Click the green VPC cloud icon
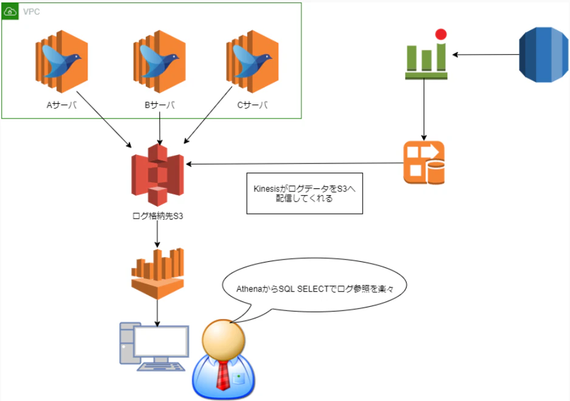10,12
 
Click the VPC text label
31,12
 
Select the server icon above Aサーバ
61,61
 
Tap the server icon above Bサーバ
160,61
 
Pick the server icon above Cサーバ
252,61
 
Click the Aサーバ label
61,105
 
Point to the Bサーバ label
160,105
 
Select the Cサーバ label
252,105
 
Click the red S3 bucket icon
157,175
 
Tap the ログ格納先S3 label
157,216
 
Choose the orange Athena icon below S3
157,274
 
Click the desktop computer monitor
161,341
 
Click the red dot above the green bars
441,34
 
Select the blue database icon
543,55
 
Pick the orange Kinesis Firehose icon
424,162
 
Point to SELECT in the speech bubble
312,289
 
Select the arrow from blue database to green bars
486,55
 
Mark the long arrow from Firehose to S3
295,163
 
